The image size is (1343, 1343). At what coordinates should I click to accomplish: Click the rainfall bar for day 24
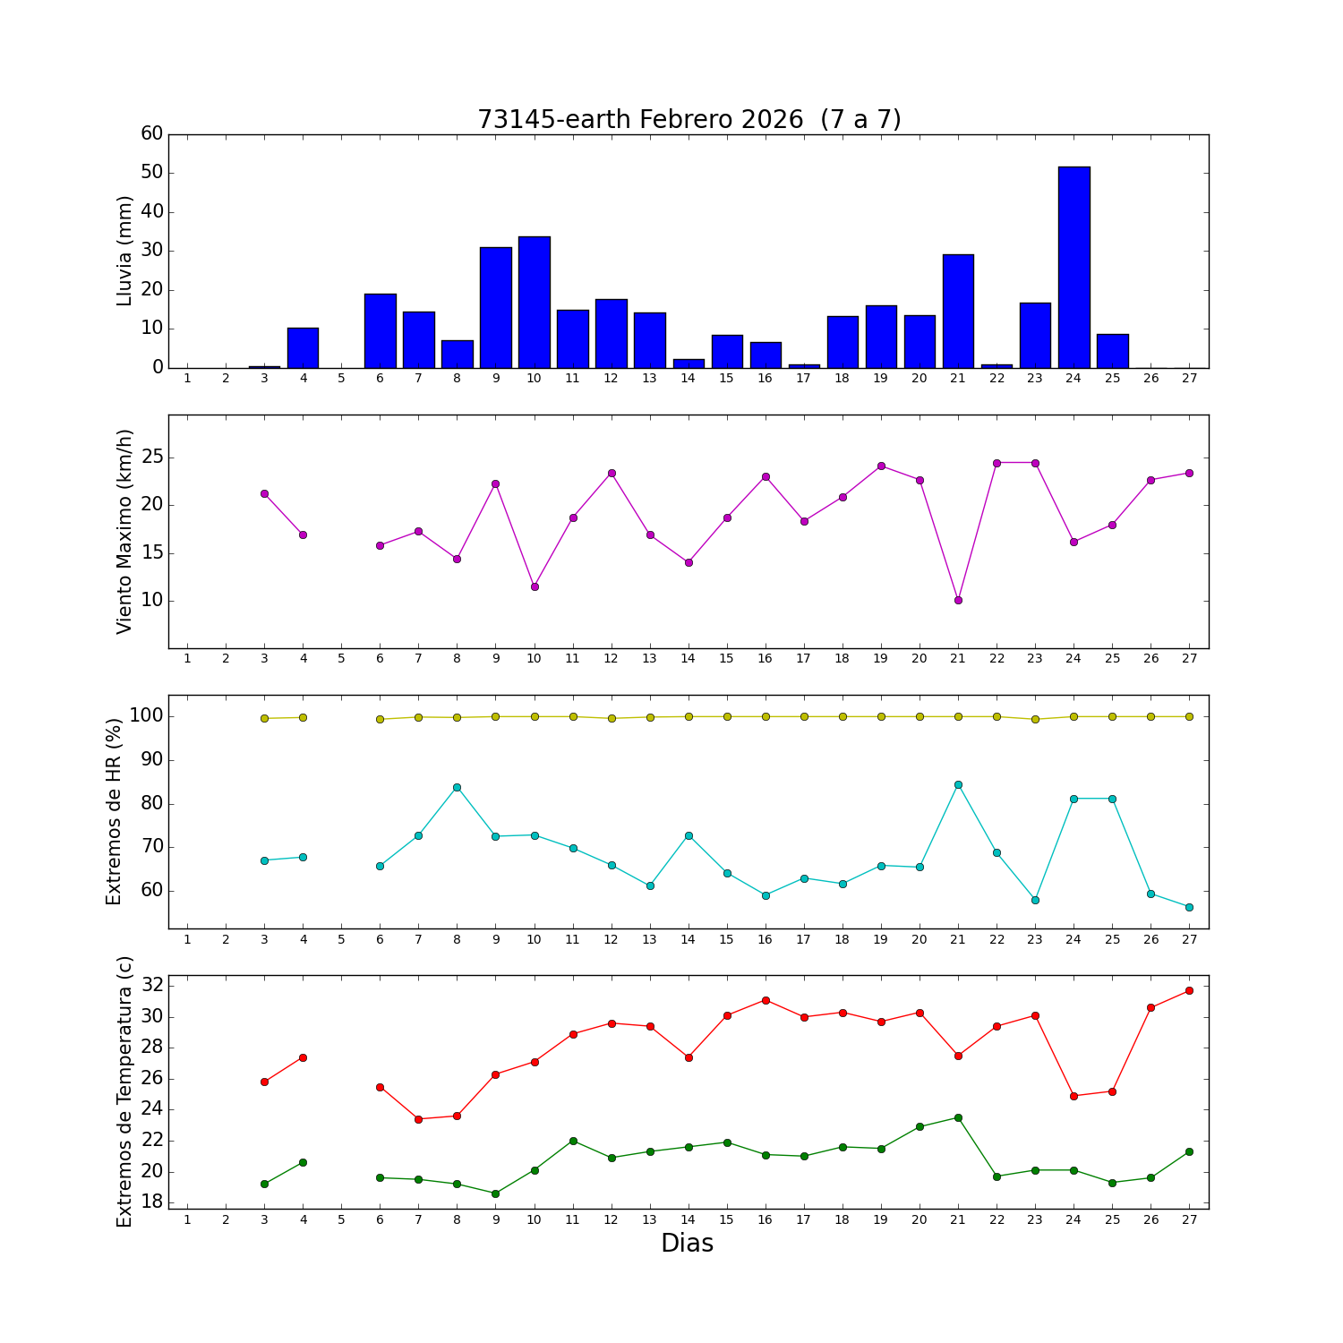tap(1074, 267)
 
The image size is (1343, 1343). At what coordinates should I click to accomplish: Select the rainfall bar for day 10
tap(535, 302)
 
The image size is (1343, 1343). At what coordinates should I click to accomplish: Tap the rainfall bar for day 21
tap(958, 311)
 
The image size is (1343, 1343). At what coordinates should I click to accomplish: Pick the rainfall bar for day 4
tap(303, 347)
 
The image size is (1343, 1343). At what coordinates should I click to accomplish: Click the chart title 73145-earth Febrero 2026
tap(689, 119)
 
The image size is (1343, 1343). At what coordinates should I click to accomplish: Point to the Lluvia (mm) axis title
tap(124, 251)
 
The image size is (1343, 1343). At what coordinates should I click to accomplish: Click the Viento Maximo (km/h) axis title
tap(124, 531)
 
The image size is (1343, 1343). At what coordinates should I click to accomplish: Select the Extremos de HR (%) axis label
tap(114, 811)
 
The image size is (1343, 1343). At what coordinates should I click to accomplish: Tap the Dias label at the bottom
tap(687, 1243)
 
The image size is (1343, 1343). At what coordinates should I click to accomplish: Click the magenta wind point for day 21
tap(958, 600)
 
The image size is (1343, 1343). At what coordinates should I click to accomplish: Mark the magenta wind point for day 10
tap(535, 586)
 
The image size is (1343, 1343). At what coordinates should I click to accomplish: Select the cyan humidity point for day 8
tap(457, 787)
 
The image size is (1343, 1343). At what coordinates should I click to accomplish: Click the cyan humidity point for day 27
tap(1189, 907)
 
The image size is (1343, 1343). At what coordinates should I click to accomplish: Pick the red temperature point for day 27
tap(1189, 990)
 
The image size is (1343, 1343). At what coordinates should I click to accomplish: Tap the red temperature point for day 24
tap(1074, 1096)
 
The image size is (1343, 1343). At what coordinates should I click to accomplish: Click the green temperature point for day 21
tap(958, 1117)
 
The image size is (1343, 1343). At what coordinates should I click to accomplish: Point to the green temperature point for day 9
tap(495, 1193)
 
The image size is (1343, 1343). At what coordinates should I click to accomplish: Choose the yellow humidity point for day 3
tap(264, 718)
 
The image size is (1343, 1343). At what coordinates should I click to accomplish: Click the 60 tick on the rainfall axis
tap(152, 133)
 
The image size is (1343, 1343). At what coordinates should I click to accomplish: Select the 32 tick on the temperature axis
tap(153, 985)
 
